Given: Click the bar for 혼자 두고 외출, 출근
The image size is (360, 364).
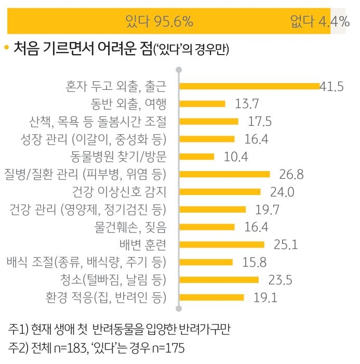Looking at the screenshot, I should tap(249, 86).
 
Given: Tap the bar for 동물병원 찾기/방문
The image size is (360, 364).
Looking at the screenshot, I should tap(196, 157).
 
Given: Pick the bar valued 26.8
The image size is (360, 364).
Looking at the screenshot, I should tap(224, 174).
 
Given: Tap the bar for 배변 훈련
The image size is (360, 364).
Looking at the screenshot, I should tap(221, 244).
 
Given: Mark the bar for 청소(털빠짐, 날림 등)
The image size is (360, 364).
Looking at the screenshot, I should tap(219, 280).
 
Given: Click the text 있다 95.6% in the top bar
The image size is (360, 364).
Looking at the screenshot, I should tap(159, 22).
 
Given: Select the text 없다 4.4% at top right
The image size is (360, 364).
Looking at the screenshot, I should tap(319, 22).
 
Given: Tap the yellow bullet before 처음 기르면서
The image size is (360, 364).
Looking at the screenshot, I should tap(7, 48).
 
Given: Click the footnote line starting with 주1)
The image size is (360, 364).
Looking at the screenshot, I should tap(119, 330).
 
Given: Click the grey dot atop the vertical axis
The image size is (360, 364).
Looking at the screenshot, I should tap(179, 69).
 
